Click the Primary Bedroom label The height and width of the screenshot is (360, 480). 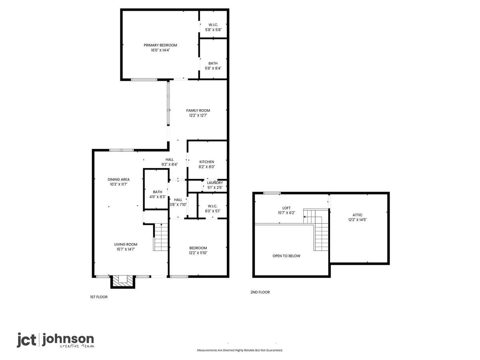[160, 45]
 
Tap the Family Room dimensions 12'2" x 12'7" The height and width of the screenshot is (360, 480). [198, 116]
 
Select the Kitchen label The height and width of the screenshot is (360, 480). [206, 162]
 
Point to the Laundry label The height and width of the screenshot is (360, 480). [215, 183]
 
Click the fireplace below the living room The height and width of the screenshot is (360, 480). [122, 282]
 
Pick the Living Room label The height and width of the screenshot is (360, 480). [126, 244]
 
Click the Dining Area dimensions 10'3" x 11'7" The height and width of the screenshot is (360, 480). [118, 184]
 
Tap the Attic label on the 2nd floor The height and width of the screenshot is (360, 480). [357, 215]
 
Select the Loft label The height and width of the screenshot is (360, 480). [286, 208]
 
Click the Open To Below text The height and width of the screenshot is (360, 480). [286, 256]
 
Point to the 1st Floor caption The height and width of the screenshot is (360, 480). [99, 297]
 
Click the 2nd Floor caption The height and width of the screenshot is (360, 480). [260, 292]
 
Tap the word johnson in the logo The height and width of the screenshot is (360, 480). [68, 340]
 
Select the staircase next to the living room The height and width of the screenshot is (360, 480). [161, 237]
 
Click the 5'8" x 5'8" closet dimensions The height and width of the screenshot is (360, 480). [213, 30]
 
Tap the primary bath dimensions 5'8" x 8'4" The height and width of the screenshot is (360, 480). [213, 68]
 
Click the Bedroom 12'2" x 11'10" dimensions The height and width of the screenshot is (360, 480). [198, 253]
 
